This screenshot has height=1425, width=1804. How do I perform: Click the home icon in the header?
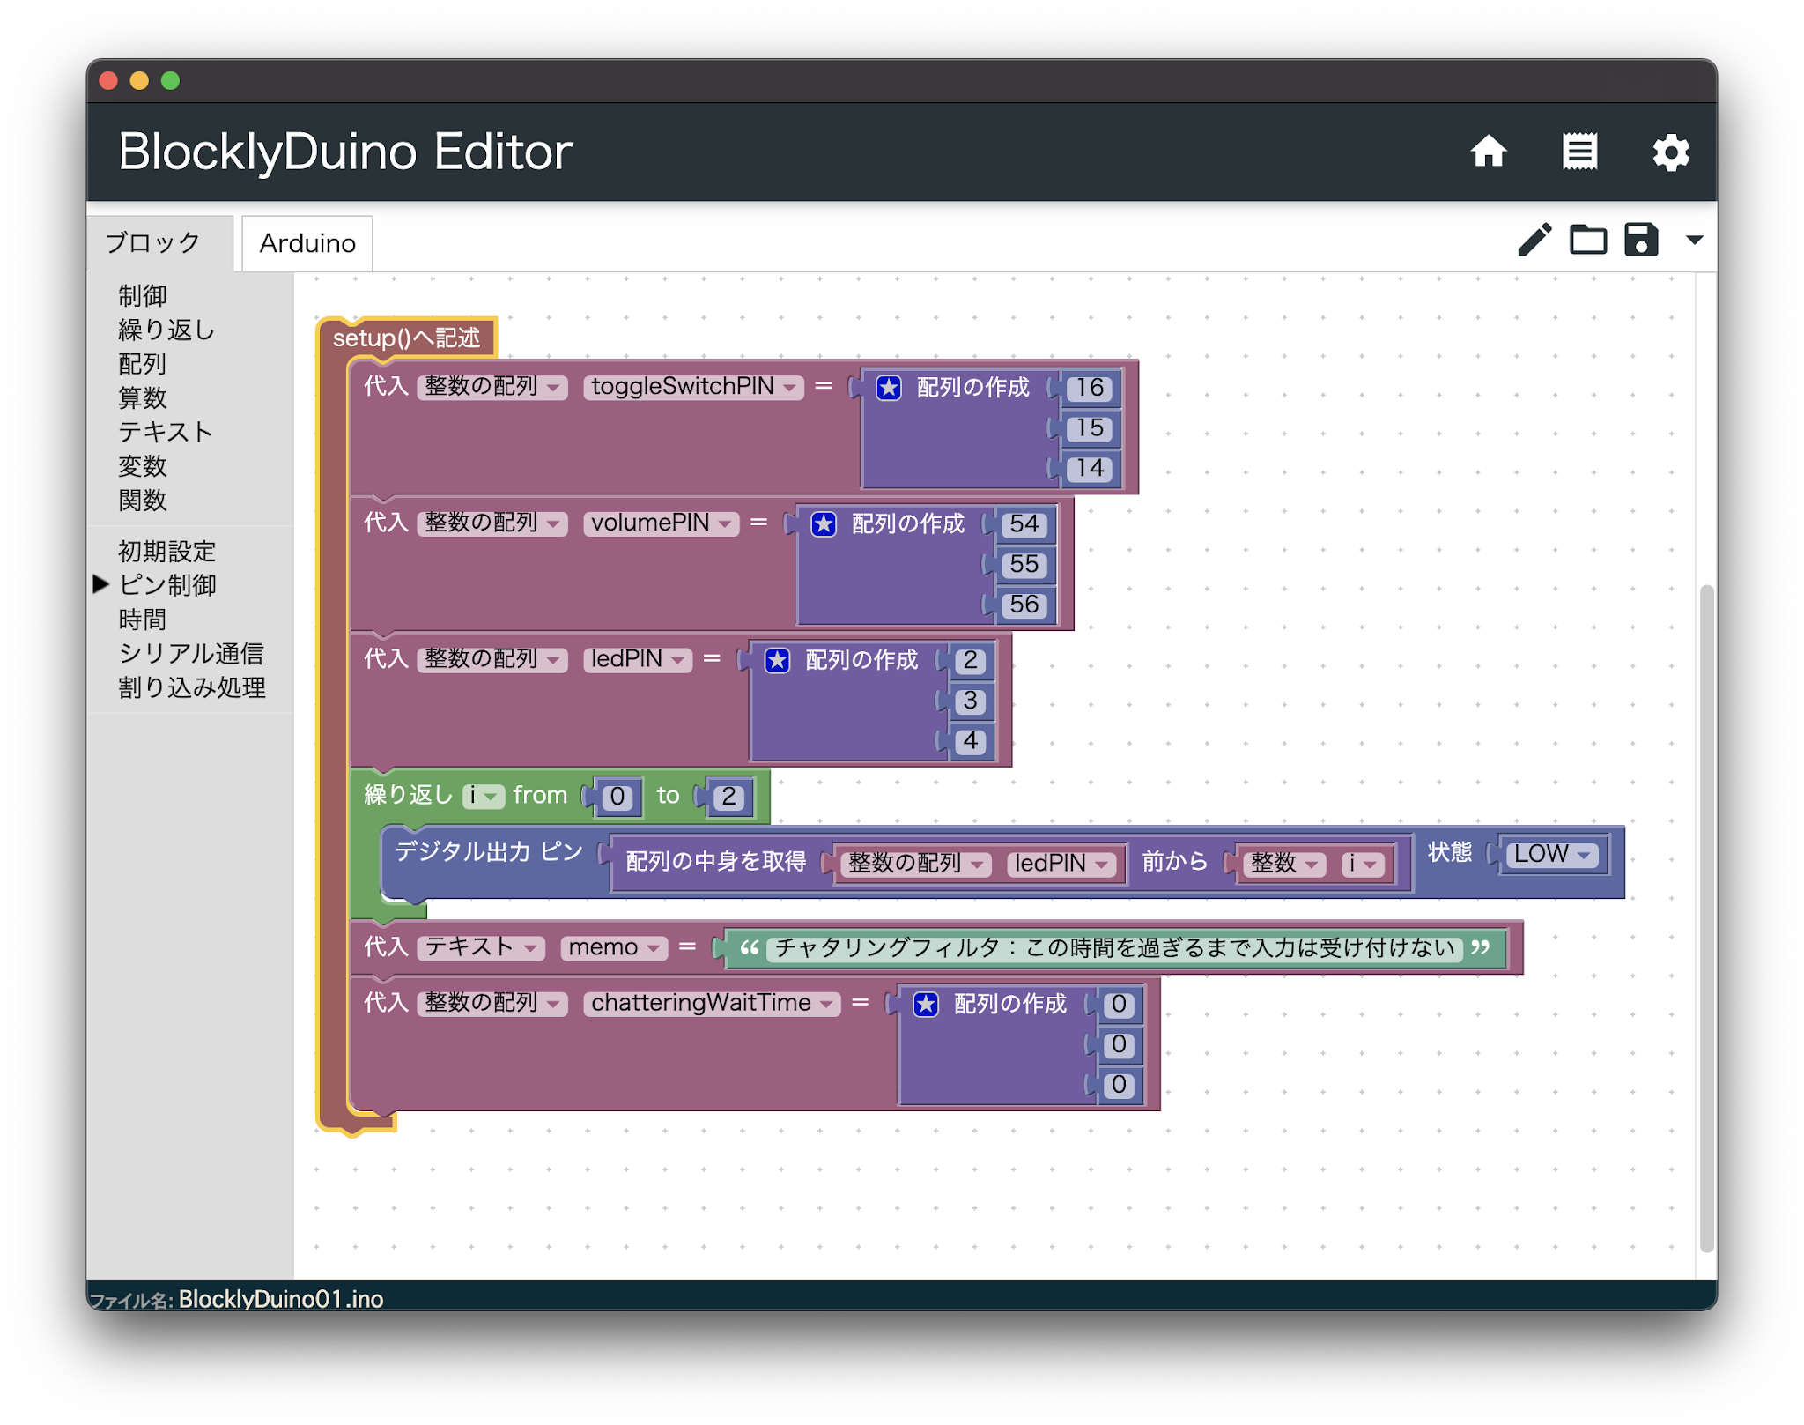[1489, 152]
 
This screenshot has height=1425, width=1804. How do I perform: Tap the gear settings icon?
[1670, 152]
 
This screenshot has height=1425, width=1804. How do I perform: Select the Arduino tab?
[307, 243]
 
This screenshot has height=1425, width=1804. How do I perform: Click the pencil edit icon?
[1534, 240]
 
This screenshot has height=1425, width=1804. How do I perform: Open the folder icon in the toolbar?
[1588, 240]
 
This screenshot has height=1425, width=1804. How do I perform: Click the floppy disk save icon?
[1641, 240]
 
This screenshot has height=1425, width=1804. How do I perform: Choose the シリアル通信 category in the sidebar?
[191, 653]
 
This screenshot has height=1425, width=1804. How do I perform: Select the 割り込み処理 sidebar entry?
[192, 687]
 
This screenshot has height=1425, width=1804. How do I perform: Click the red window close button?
[109, 81]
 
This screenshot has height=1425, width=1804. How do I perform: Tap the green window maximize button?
[171, 81]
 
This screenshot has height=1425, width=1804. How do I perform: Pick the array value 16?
[1090, 388]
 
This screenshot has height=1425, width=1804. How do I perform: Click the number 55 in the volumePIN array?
[1024, 564]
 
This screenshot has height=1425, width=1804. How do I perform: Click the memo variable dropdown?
[614, 947]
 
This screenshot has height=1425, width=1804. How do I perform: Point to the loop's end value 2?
[729, 797]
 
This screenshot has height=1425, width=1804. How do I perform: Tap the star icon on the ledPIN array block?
[777, 660]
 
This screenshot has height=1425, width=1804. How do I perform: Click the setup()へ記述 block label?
[406, 338]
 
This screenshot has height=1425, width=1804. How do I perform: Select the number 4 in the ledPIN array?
[970, 741]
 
